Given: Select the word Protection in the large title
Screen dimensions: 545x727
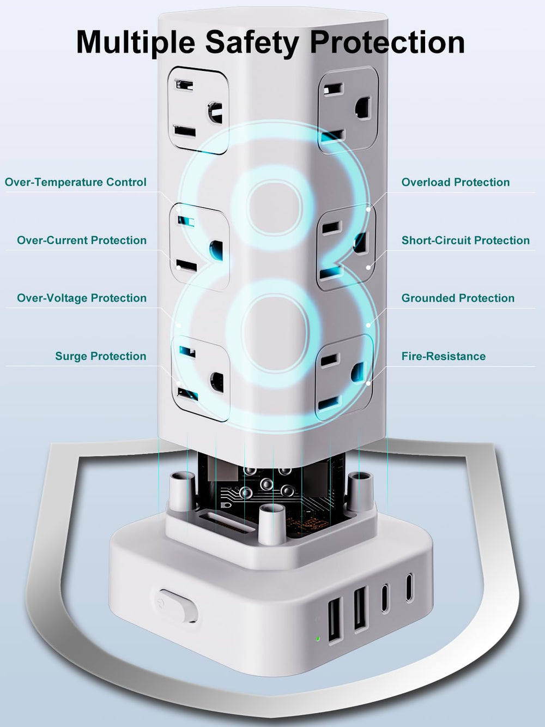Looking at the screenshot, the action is pos(387,42).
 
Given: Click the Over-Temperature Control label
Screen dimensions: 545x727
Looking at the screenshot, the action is pos(75,182).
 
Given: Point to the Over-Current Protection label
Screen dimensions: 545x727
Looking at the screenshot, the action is pos(82,240).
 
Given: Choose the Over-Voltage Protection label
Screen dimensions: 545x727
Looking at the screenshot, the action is pos(82,298).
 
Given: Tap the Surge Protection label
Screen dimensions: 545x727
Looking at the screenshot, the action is pos(101,356).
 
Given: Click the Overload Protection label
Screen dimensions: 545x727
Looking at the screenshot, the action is pos(456,182).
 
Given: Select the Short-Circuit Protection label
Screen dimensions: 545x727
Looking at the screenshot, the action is pos(465,240).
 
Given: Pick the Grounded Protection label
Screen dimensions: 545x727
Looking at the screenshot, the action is pos(458,298).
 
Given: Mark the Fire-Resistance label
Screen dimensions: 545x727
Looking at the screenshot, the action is pos(444,356).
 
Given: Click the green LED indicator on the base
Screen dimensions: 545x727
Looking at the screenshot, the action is pos(318,638).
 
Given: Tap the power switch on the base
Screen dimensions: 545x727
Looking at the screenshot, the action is pos(178,605).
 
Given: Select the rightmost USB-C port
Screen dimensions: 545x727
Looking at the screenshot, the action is pos(409,587).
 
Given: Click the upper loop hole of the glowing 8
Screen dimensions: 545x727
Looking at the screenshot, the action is pos(274,208).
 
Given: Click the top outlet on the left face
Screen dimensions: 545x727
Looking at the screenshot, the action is pos(198,110).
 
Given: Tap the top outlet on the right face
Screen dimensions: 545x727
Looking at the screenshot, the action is pos(348,110).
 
